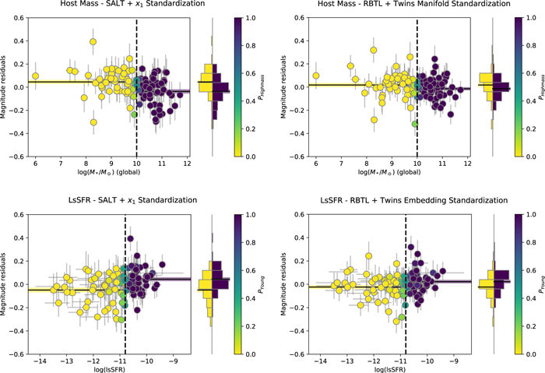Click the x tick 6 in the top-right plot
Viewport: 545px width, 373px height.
[x=316, y=166]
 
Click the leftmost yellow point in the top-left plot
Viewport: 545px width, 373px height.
[x=36, y=76]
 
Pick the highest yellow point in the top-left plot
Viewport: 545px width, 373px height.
[x=93, y=41]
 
